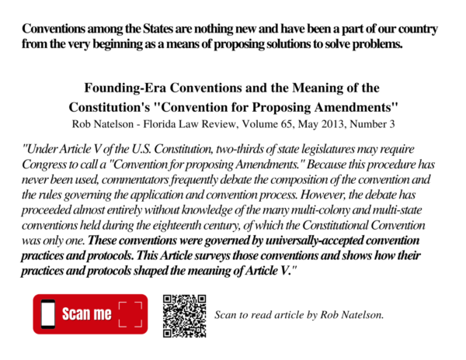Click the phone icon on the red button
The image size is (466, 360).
47,314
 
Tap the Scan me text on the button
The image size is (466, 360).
86,314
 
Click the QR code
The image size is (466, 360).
184,315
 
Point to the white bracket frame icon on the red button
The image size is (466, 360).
130,314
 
